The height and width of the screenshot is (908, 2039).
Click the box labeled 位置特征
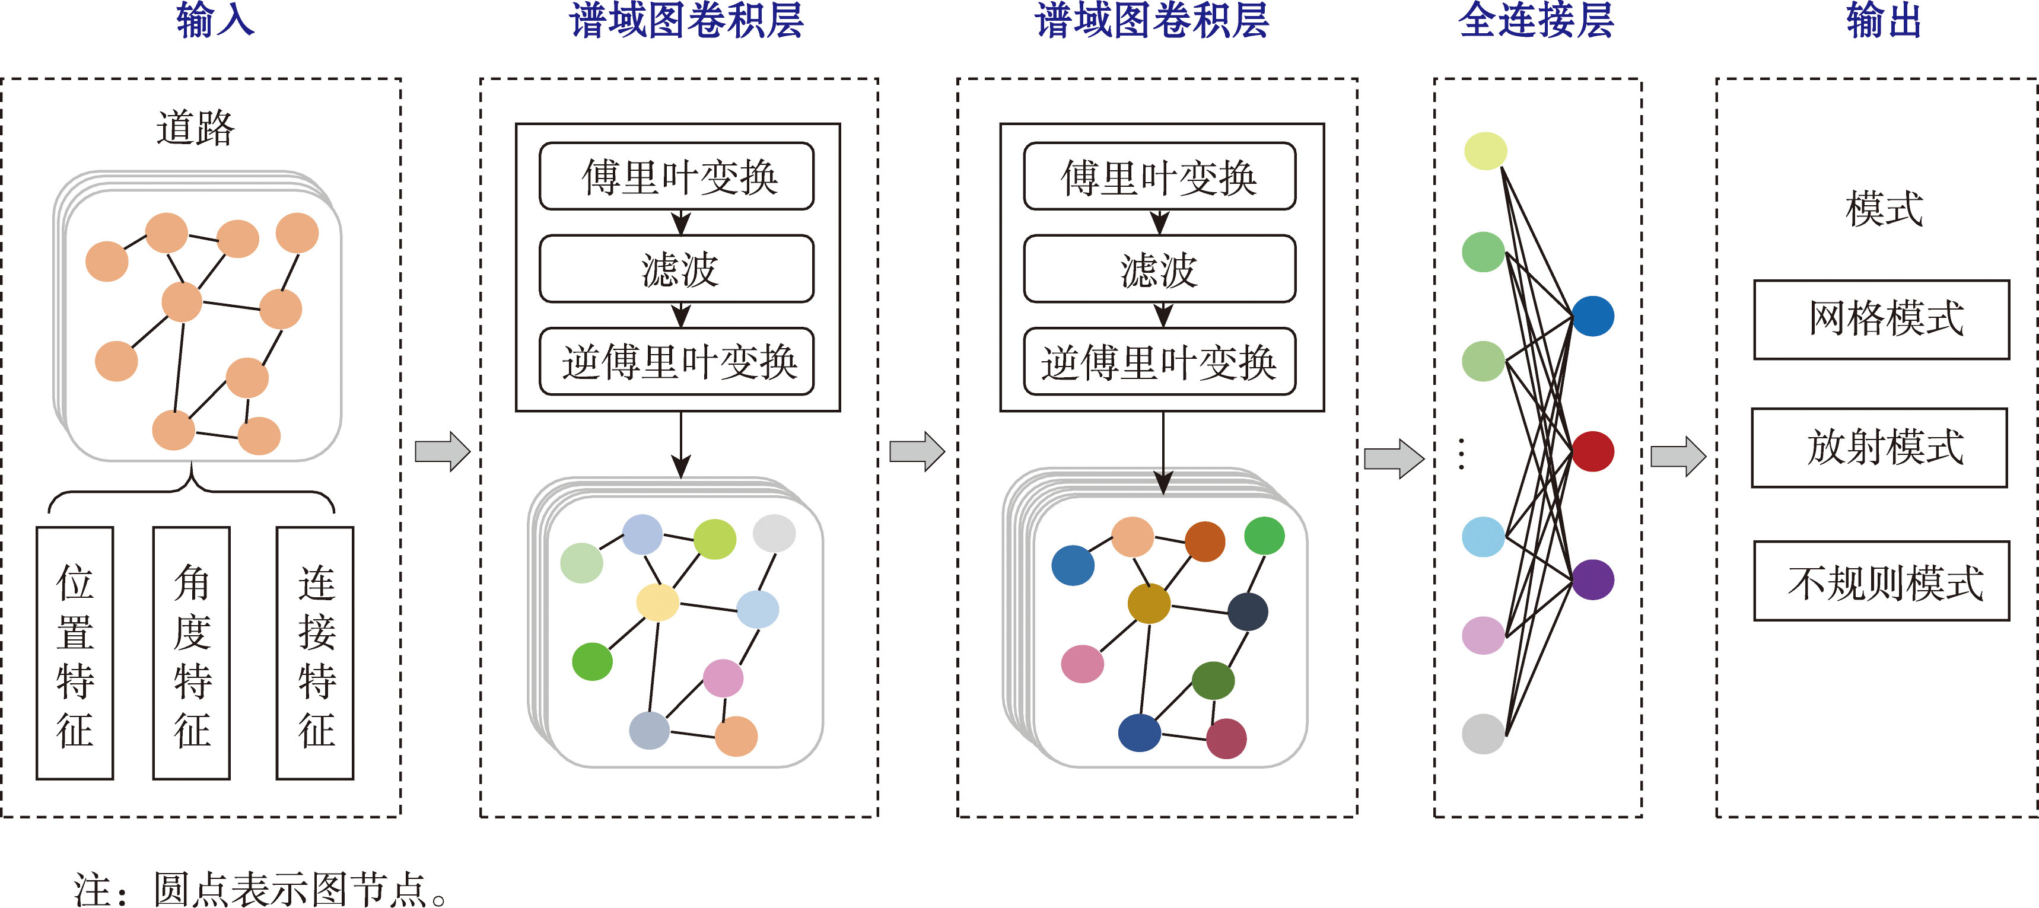(x=75, y=653)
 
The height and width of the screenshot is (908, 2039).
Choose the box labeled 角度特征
(x=192, y=653)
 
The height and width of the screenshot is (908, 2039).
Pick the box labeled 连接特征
(x=315, y=653)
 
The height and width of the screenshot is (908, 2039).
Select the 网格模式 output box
(x=1881, y=320)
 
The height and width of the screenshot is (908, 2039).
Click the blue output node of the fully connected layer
(x=1592, y=316)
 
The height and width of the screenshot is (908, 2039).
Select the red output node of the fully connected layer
(x=1592, y=451)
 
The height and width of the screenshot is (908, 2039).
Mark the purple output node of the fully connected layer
(x=1592, y=579)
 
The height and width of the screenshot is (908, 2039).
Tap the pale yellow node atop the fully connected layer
(x=1485, y=151)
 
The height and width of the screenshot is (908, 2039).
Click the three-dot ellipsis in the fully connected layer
(x=1461, y=454)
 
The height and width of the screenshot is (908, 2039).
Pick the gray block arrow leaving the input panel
(x=443, y=452)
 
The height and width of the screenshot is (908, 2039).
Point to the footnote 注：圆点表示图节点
(x=261, y=889)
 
